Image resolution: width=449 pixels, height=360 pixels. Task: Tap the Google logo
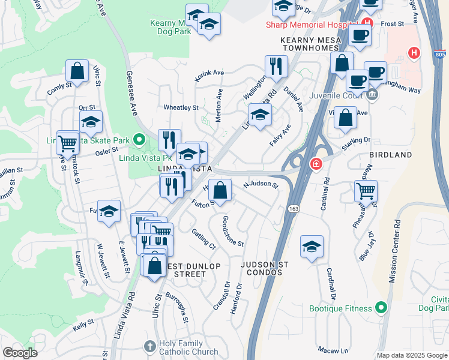[20, 353]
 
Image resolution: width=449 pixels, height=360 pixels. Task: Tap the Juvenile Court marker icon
[372, 95]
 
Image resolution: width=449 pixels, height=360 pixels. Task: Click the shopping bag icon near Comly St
[77, 71]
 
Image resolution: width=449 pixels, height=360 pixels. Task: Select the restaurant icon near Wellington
[276, 67]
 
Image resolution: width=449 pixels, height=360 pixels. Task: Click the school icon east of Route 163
[312, 247]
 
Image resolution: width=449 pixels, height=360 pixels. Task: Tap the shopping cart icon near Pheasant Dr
[366, 191]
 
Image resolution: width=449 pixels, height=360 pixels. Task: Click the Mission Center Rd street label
[396, 252]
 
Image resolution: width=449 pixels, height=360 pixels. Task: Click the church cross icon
[150, 346]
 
